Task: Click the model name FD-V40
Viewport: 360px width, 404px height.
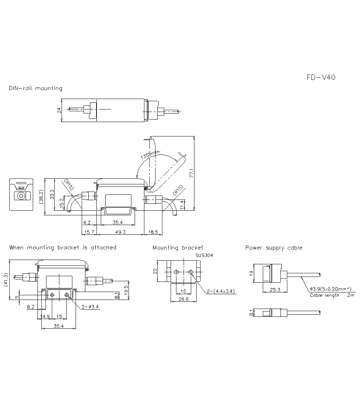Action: tap(321, 77)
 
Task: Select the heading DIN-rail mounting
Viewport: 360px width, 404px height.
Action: tap(36, 88)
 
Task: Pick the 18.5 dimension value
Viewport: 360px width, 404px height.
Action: tap(153, 232)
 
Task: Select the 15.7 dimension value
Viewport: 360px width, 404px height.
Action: tap(89, 232)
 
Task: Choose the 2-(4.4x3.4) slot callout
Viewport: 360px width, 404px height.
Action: tap(221, 292)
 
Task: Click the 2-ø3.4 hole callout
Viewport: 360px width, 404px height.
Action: tap(90, 307)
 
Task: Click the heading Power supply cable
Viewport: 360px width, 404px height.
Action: tap(274, 248)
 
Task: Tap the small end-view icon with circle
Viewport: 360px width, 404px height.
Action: tap(21, 195)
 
